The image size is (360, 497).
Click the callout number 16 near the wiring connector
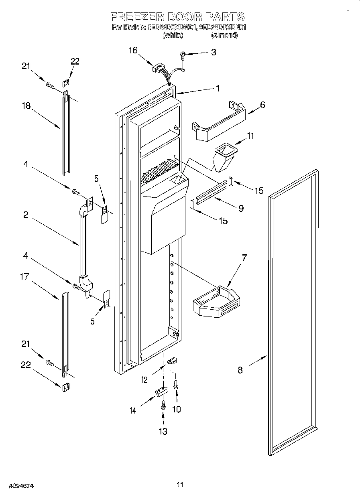coord(133,51)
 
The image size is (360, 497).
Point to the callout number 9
coord(241,208)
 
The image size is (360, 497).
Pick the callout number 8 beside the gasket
coord(240,370)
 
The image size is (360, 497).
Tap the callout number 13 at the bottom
coord(163,431)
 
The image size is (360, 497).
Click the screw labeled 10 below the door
coord(176,385)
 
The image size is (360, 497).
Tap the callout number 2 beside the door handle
coord(26,215)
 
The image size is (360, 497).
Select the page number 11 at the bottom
coord(180,485)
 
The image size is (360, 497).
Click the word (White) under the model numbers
coord(173,35)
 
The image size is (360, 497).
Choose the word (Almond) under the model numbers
coord(224,35)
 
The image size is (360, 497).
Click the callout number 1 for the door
coord(218,89)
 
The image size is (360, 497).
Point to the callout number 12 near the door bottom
coord(145,379)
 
